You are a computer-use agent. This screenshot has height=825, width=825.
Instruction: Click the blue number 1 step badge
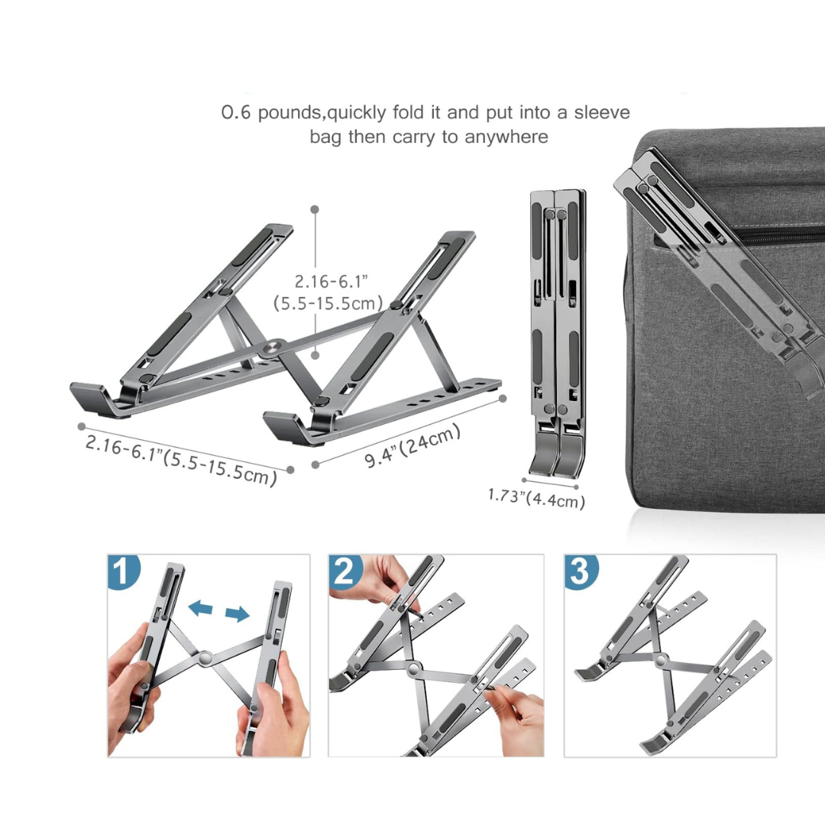tap(122, 571)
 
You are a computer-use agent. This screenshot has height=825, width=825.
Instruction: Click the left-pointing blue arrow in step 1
tap(200, 609)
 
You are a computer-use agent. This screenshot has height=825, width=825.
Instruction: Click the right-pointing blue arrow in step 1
tap(238, 613)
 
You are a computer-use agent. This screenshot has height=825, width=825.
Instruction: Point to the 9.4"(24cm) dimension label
tap(412, 445)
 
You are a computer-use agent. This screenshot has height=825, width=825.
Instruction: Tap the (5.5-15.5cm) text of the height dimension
tap(328, 303)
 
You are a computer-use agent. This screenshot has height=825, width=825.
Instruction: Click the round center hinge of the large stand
tap(273, 348)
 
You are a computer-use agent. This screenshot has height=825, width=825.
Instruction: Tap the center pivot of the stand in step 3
tap(660, 659)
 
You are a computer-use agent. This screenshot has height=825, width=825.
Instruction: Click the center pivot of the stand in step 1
tap(205, 657)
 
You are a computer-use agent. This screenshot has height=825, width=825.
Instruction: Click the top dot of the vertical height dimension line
tap(315, 209)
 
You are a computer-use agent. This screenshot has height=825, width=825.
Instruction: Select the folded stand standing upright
tap(558, 334)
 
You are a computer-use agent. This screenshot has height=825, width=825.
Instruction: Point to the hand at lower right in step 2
tap(515, 719)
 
